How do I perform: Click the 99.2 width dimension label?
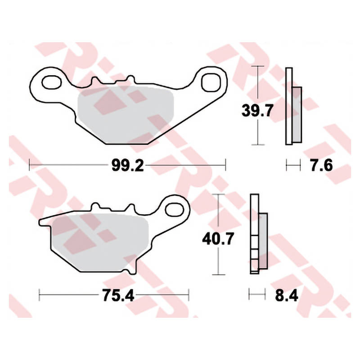(x=128, y=165)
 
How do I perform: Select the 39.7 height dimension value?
(x=257, y=110)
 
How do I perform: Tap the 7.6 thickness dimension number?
(x=321, y=165)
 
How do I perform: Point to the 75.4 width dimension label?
(x=118, y=295)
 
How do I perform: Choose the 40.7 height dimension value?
(x=218, y=238)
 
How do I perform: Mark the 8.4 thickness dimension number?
(x=287, y=295)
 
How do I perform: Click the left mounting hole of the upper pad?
(x=52, y=82)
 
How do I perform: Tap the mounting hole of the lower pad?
(x=175, y=210)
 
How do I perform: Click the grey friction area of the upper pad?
(x=125, y=115)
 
